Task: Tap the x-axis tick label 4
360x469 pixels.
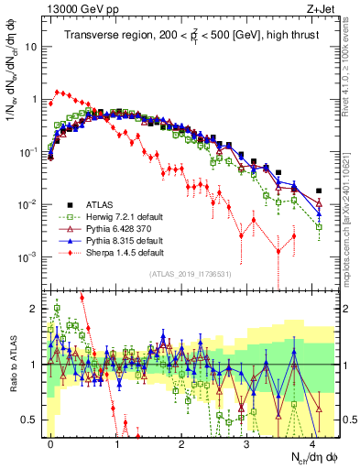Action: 312,442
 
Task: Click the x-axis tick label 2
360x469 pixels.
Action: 182,442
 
